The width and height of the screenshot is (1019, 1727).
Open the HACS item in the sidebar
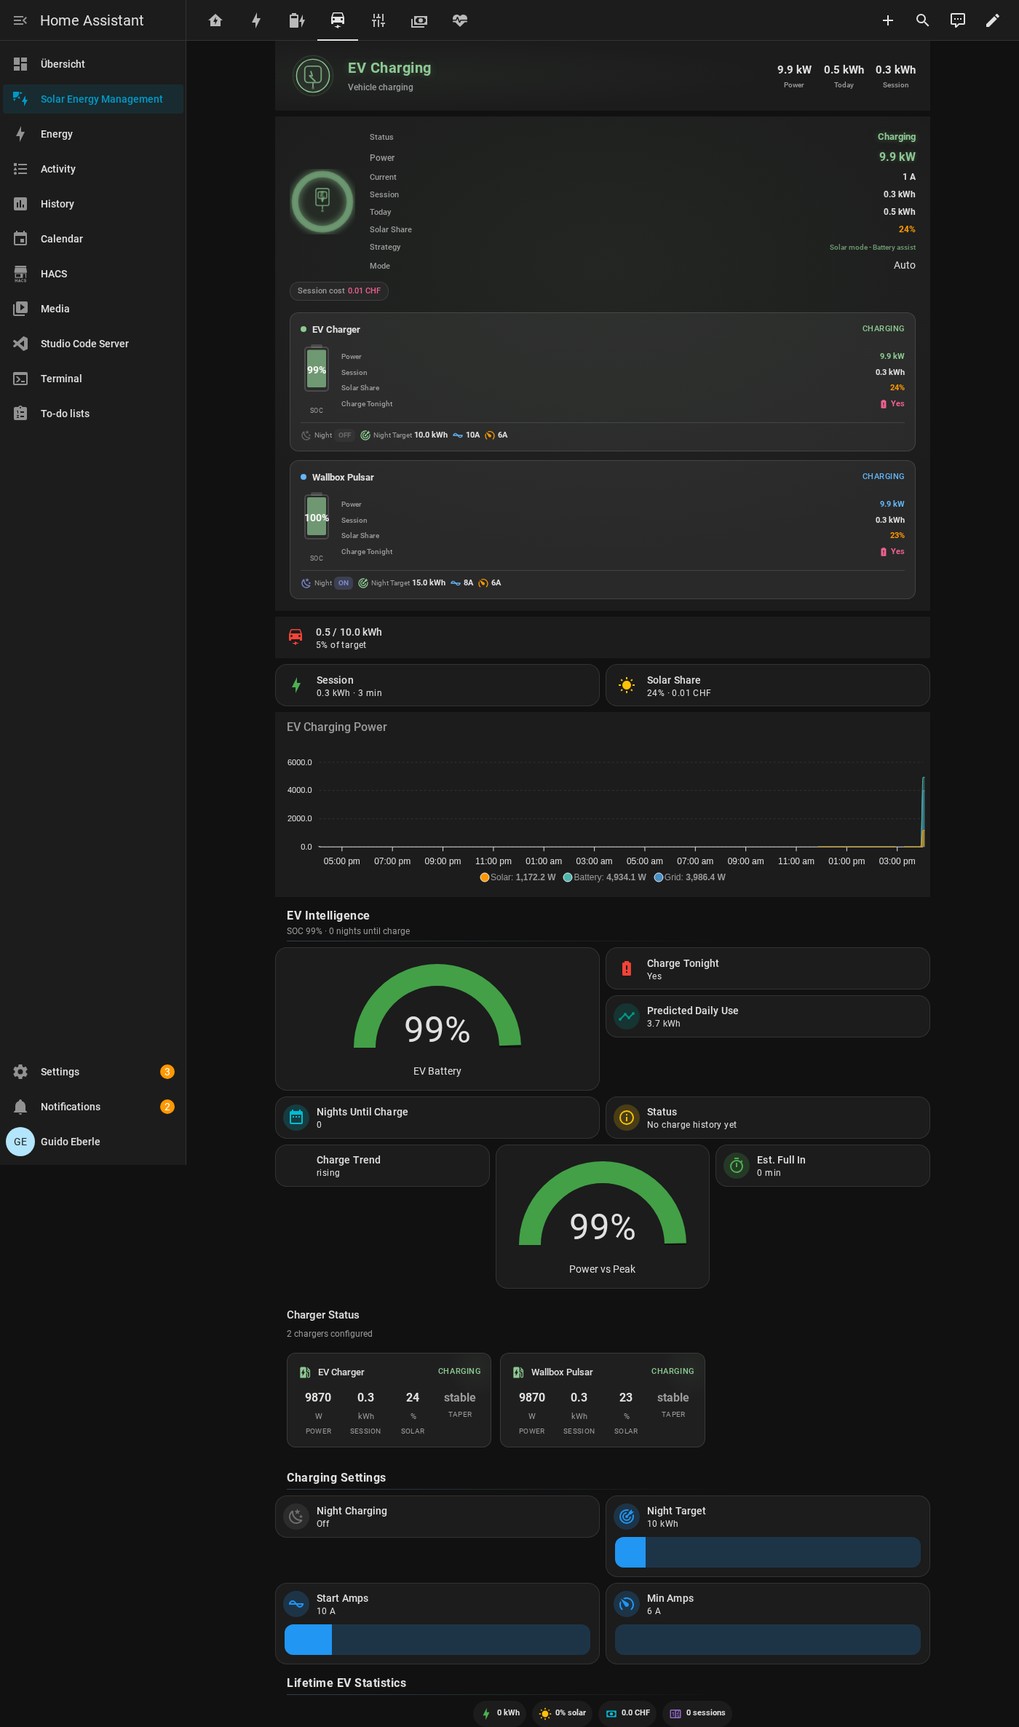54,274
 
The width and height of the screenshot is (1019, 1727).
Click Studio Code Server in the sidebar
84,344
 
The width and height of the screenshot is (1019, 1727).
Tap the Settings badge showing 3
167,1072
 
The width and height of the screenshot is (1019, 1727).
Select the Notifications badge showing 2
167,1107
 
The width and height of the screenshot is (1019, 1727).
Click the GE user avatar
20,1142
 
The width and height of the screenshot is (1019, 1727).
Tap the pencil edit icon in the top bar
993,20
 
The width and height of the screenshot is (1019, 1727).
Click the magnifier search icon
923,20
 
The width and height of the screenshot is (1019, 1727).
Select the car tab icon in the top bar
338,20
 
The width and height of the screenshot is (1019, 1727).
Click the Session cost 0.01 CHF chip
339,291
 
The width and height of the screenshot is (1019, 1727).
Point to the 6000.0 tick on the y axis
299,762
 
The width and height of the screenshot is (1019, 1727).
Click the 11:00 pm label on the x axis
493,861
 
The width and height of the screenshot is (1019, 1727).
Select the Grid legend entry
690,877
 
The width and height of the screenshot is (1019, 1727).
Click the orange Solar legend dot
485,877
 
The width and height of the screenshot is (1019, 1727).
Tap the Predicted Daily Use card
768,1016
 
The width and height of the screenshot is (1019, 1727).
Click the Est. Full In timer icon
737,1166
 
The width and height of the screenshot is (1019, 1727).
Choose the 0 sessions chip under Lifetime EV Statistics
697,1713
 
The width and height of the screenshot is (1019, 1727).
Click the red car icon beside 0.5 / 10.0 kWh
296,637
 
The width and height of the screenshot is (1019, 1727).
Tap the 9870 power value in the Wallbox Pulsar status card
532,1397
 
